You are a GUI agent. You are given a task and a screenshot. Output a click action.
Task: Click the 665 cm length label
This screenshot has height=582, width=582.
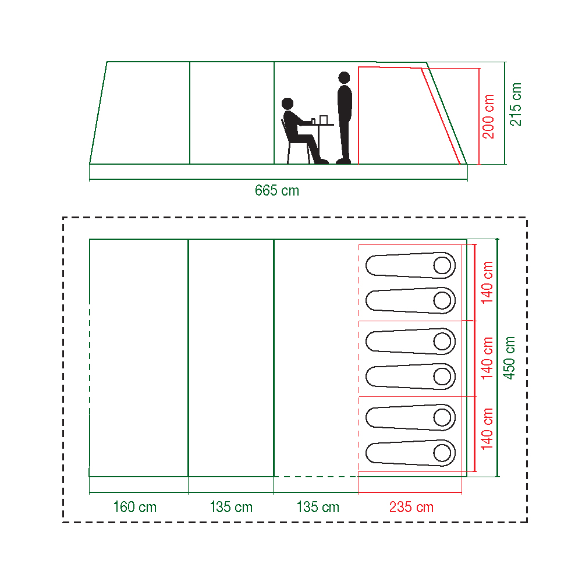(277, 190)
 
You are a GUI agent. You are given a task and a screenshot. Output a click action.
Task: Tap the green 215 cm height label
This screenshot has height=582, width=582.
(516, 104)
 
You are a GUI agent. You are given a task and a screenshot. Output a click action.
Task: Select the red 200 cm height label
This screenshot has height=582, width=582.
(488, 116)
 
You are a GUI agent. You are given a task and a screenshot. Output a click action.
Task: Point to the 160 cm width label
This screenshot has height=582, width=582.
(135, 507)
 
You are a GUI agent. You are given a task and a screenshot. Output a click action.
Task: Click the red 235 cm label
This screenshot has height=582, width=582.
(411, 507)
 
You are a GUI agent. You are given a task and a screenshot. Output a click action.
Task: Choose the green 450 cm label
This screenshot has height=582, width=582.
(509, 358)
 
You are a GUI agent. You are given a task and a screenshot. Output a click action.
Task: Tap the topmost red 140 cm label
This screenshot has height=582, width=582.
(487, 282)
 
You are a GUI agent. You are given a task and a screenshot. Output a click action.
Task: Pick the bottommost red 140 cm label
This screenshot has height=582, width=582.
(487, 429)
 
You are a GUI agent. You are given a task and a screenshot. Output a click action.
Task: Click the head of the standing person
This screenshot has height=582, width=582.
(344, 77)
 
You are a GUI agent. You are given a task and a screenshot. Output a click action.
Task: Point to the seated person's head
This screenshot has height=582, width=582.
(288, 104)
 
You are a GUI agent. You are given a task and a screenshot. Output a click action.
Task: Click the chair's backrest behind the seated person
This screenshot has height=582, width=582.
(285, 130)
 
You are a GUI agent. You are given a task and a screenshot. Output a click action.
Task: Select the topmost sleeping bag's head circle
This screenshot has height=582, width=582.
(442, 265)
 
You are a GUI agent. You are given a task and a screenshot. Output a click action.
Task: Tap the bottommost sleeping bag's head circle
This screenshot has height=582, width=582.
(442, 453)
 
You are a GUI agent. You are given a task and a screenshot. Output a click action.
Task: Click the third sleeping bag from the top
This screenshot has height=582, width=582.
(410, 342)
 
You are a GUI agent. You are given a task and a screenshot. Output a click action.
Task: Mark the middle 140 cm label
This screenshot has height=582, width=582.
(487, 358)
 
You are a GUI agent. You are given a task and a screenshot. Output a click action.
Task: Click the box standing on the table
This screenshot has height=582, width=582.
(323, 120)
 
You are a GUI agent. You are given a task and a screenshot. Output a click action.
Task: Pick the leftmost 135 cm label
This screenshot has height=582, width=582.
(231, 507)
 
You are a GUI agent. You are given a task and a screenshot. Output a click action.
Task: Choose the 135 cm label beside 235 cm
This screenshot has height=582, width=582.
(318, 507)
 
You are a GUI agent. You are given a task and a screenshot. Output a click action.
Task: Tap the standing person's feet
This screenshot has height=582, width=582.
(343, 161)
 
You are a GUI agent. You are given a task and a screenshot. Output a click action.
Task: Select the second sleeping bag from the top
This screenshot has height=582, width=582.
(410, 301)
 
